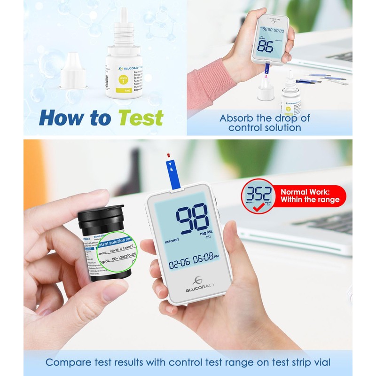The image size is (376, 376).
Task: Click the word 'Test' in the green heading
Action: pyautogui.click(x=141, y=117)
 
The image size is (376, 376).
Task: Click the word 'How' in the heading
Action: pyautogui.click(x=59, y=117)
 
